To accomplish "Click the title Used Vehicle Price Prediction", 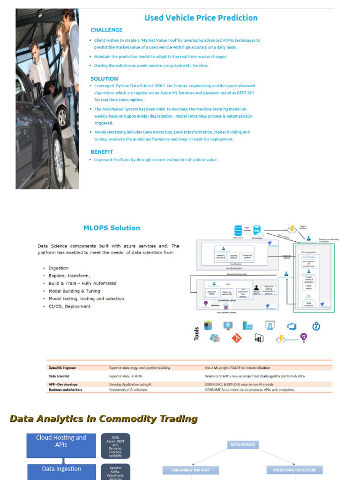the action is tap(201, 18).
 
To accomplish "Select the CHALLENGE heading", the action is tap(106, 30).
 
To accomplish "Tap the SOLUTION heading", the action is tap(104, 79).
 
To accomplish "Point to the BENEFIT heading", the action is tap(102, 152).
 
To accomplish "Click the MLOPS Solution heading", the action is tap(112, 228).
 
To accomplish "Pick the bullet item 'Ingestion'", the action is tap(59, 268).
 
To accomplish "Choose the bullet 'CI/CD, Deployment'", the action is tap(69, 307).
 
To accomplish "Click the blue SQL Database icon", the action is tap(257, 230).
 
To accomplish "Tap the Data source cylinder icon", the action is tap(239, 230).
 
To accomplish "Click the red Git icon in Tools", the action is tap(236, 337).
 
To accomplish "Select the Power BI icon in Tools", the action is tap(259, 338).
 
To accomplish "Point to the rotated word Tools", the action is tap(197, 333).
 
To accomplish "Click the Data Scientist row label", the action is tap(59, 376).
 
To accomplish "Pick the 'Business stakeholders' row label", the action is tap(65, 390).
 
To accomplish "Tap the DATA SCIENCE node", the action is tap(243, 444).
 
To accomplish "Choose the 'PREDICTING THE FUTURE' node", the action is tap(294, 470).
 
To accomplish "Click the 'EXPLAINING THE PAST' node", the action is tap(191, 470).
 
